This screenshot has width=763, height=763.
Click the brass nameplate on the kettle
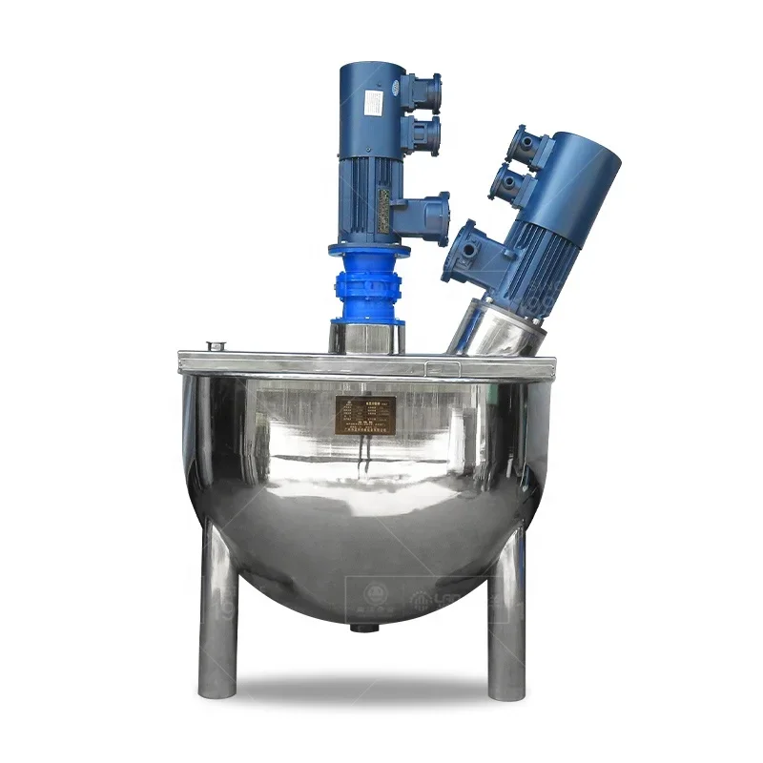pyautogui.click(x=365, y=415)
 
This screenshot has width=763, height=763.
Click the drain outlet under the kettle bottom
pyautogui.click(x=363, y=628)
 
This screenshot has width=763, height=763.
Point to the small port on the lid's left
pyautogui.click(x=217, y=346)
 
